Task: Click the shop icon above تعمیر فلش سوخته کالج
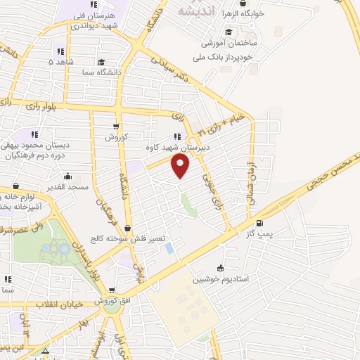click(127, 229)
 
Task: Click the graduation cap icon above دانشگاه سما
click(103, 62)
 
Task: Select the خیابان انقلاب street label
click(59, 304)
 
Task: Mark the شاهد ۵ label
click(60, 63)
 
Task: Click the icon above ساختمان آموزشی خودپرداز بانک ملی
click(229, 32)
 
